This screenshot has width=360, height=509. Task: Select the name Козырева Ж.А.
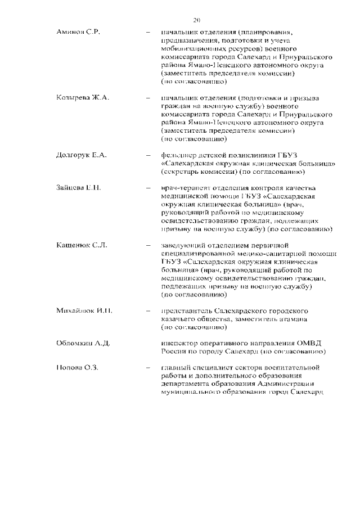[x=83, y=98]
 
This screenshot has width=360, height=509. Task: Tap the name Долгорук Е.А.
[x=82, y=155]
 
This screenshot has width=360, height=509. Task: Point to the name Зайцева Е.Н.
[x=79, y=187]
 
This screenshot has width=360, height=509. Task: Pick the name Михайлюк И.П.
[x=82, y=310]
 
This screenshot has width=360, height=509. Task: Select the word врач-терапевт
[x=186, y=187]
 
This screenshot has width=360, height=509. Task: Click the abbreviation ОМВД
[x=312, y=343]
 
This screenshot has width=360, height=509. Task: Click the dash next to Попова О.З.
[x=148, y=368]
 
